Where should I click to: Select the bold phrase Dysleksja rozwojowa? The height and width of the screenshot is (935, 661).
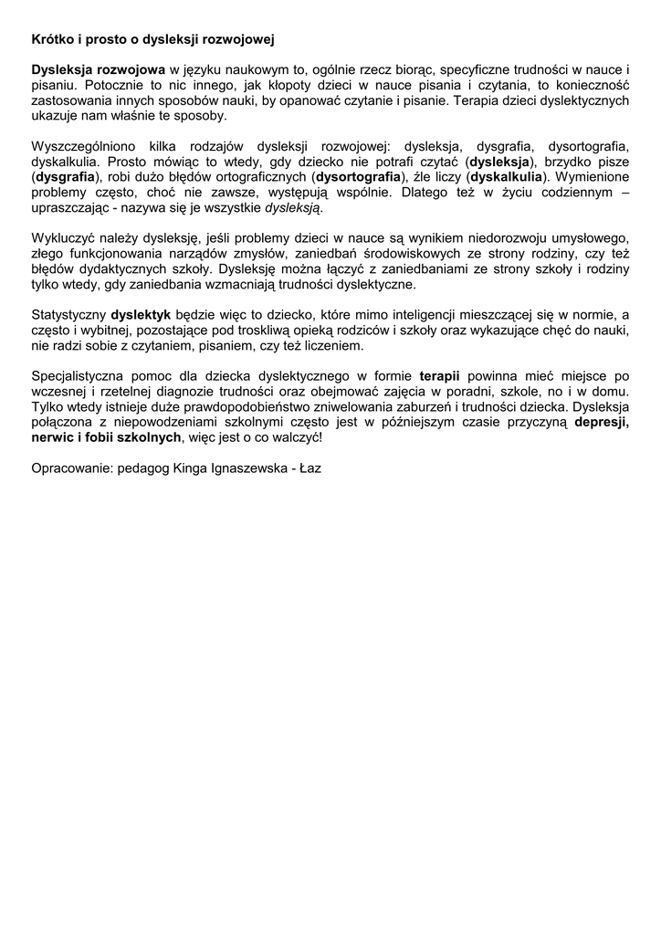[x=99, y=69]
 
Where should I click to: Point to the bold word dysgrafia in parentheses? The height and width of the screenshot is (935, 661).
[x=68, y=177]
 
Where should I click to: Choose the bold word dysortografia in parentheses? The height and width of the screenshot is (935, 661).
[x=357, y=177]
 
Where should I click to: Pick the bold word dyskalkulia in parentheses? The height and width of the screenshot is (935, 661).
[x=505, y=177]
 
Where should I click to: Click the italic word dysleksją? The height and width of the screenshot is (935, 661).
[x=293, y=208]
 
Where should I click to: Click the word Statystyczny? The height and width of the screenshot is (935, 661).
[x=68, y=316]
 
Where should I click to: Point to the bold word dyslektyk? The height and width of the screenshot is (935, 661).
[x=142, y=316]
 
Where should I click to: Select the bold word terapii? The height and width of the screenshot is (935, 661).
[x=439, y=376]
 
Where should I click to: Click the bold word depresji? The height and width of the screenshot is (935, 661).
[x=601, y=423]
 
